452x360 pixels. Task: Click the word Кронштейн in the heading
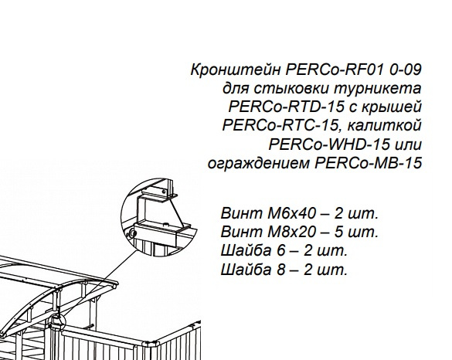pyautogui.click(x=236, y=70)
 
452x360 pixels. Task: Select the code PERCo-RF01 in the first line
pyautogui.click(x=335, y=70)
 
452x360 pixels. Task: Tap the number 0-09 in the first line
pyautogui.click(x=406, y=70)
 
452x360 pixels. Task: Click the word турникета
pyautogui.click(x=378, y=89)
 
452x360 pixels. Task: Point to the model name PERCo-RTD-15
pyautogui.click(x=287, y=107)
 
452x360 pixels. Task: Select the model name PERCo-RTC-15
pyautogui.click(x=280, y=125)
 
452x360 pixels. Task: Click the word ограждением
pyautogui.click(x=259, y=164)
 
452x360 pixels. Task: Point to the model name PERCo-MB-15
pyautogui.click(x=369, y=163)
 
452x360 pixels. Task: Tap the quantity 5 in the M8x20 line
pyautogui.click(x=338, y=233)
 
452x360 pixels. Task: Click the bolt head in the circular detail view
pyautogui.click(x=132, y=233)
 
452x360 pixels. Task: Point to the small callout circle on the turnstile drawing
pyautogui.click(x=56, y=322)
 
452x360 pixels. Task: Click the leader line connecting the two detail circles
pyautogui.click(x=100, y=282)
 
